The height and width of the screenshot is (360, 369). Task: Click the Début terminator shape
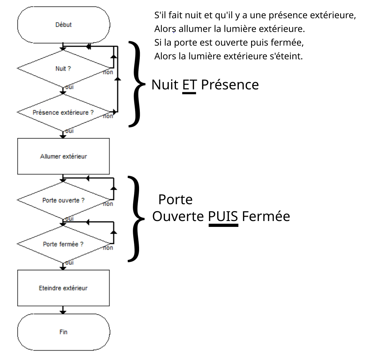click(64, 25)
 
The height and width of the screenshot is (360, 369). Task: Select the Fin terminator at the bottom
click(64, 332)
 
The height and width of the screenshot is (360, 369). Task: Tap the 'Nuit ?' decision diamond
click(64, 69)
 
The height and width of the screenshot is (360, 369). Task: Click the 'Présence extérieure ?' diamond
click(64, 112)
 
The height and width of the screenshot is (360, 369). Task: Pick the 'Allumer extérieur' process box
click(64, 156)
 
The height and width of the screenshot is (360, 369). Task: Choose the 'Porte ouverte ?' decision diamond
click(64, 200)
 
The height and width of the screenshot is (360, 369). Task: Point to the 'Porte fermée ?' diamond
click(64, 244)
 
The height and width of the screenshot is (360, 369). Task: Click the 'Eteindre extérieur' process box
click(64, 288)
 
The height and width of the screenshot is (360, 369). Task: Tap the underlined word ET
click(189, 85)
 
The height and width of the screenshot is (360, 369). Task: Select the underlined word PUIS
click(223, 217)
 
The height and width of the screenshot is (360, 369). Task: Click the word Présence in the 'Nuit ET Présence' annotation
click(230, 85)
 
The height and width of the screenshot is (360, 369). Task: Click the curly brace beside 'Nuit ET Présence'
click(138, 84)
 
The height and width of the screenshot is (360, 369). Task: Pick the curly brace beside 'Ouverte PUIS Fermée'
click(138, 219)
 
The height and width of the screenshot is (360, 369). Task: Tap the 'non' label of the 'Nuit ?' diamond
click(108, 73)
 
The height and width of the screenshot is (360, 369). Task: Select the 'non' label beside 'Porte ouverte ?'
click(108, 204)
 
